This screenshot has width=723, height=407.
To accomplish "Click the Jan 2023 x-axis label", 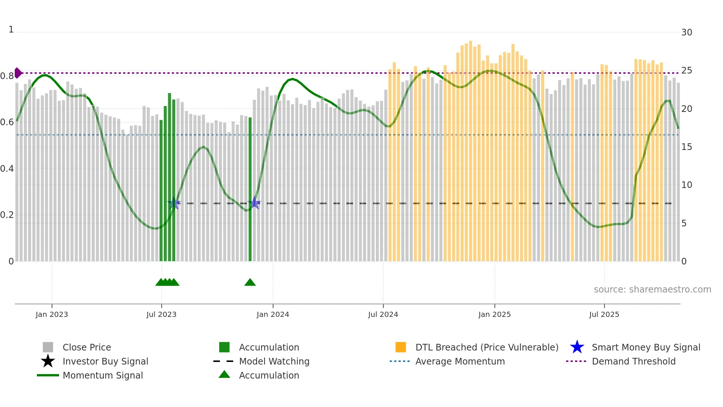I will pos(52,314).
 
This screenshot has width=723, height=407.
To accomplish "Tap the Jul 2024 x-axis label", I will pos(383,314).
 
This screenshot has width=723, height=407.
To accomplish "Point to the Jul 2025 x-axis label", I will pos(604,314).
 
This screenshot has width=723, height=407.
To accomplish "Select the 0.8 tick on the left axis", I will pos(7,76).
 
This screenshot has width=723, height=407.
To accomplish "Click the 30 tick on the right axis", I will pos(686,33).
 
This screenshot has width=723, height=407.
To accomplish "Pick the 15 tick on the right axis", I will pos(686,147).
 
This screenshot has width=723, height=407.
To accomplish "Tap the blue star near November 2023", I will pos(254,203).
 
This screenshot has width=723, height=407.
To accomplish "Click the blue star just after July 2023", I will pos(174,203).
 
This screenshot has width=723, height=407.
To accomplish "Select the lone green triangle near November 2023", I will pos(250,283).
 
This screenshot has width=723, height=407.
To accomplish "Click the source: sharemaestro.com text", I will pos(652,290).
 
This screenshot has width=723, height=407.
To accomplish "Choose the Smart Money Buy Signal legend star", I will pos(577,347).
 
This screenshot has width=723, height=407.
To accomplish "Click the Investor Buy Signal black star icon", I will pos(48,361).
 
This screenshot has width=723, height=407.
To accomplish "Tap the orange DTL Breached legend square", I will pos(401,347).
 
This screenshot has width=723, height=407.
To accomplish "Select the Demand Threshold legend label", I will pos(633,361).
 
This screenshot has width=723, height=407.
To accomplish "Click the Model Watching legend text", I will pos(274,361).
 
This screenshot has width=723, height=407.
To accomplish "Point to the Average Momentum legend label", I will pos(460,361).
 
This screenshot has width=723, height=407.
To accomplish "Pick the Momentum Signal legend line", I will pos(48,375).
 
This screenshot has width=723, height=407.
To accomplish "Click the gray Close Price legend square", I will pos(48,347).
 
